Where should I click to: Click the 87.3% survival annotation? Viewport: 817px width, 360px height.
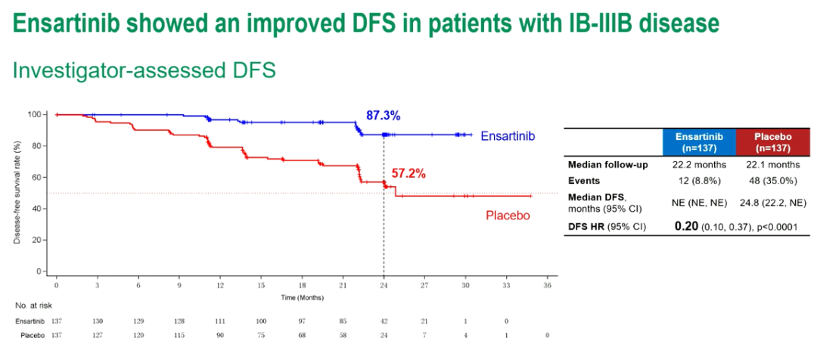pos(383,116)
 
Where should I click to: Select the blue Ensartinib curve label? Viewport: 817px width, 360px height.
pos(508,136)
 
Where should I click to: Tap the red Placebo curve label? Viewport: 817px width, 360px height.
pos(508,216)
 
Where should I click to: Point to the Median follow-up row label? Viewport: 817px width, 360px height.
pos(607,165)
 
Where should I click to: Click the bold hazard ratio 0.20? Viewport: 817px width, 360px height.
pos(686,226)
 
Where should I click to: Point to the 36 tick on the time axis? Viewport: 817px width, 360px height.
pos(547,286)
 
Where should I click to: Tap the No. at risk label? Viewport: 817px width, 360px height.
pos(31,306)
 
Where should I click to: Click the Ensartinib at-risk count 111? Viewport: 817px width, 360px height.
pos(220,321)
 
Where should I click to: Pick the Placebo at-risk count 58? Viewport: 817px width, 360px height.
pos(343,334)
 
